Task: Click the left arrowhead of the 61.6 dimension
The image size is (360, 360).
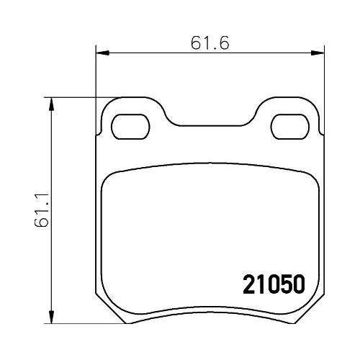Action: [102, 51]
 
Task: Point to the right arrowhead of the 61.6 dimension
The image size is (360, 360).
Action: [317, 51]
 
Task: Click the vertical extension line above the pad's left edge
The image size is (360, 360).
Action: [96, 79]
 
